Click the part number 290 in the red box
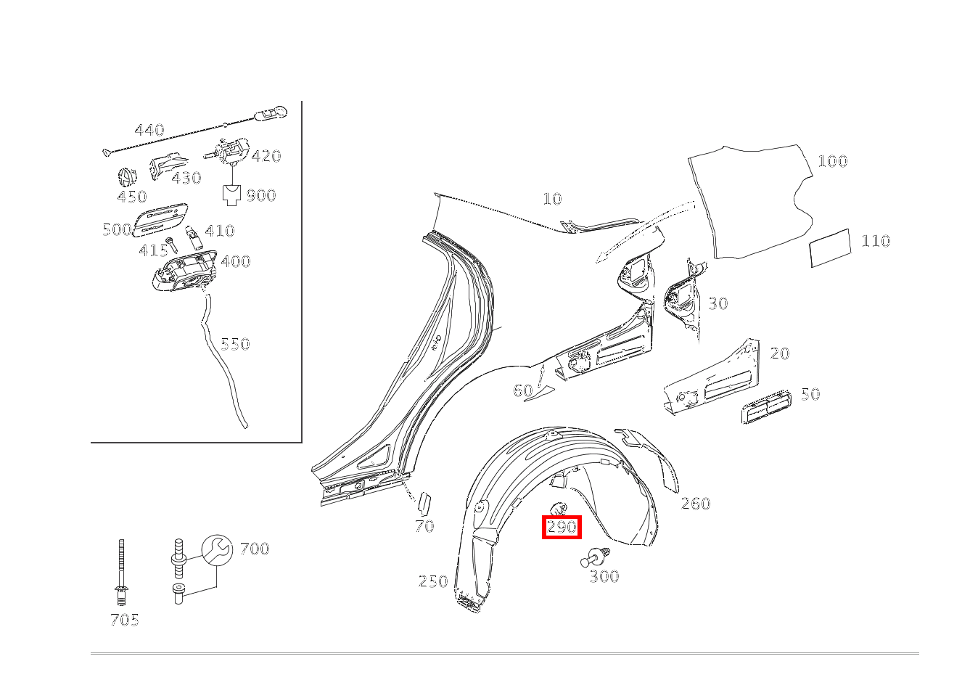[x=562, y=527]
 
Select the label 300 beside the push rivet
[x=604, y=576]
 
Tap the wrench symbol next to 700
[x=218, y=550]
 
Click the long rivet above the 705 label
[x=121, y=572]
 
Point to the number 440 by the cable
[x=149, y=130]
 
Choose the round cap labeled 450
[x=127, y=177]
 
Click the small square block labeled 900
[x=231, y=195]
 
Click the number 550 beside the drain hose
[x=235, y=344]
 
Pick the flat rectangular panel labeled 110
[x=830, y=248]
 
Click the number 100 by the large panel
[x=833, y=162]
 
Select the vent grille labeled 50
[x=765, y=407]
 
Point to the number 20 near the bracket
[x=780, y=353]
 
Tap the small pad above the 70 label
[x=424, y=504]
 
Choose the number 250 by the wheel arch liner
[x=433, y=581]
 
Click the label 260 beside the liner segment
[x=696, y=504]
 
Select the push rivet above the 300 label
[x=596, y=557]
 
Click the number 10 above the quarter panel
[x=552, y=199]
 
